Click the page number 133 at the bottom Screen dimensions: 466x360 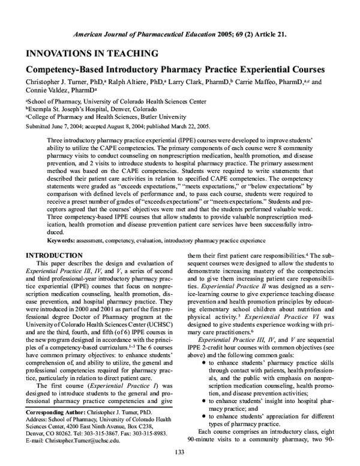(x=179, y=452)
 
